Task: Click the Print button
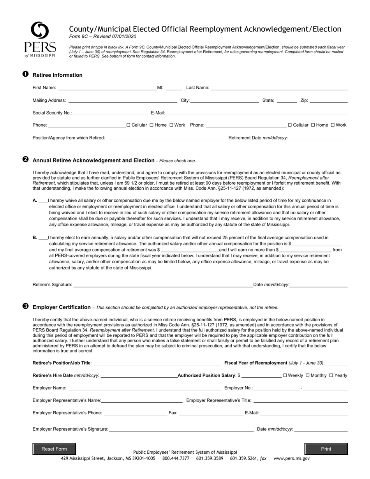pos(326,449)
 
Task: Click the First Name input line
pos(107,88)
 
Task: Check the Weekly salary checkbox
pos(285,375)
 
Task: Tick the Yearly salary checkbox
pos(331,375)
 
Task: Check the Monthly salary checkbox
pos(308,375)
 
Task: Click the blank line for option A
pos(43,201)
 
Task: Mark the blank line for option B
pos(43,238)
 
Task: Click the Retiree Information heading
pos(57,75)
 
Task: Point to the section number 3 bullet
pos(25,306)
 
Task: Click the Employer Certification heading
pos(62,307)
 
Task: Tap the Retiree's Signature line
pos(163,285)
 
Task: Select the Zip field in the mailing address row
pos(328,101)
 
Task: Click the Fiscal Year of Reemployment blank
pos(337,363)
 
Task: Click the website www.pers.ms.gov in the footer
pos(291,459)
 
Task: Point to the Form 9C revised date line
pos(102,36)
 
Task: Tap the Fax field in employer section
pos(210,413)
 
